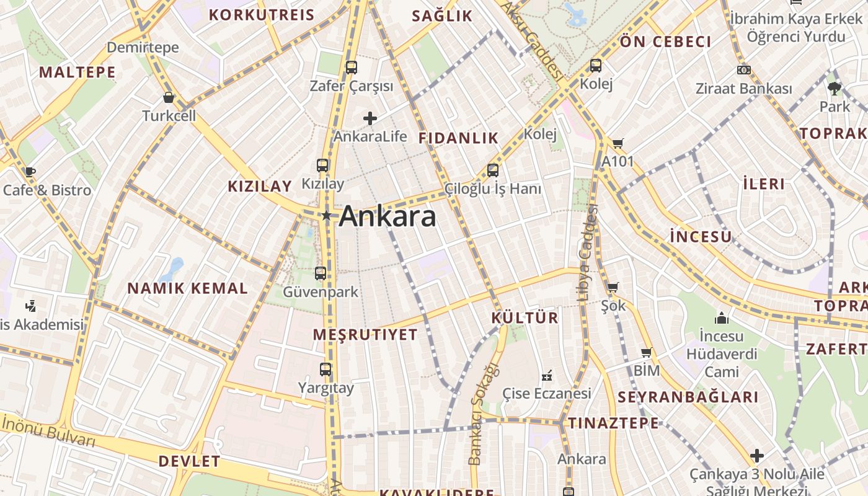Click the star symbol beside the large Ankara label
click(327, 215)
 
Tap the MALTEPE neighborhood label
click(77, 73)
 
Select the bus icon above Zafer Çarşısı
click(352, 67)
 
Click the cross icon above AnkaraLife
click(370, 118)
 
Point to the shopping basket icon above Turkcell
click(168, 97)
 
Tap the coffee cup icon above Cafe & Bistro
click(30, 172)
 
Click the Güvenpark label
click(321, 291)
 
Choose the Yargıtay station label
click(325, 388)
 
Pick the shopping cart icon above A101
click(618, 144)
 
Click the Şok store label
click(613, 306)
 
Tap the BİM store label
click(647, 371)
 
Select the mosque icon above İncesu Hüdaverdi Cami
click(721, 318)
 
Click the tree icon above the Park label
click(835, 87)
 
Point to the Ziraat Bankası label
click(744, 89)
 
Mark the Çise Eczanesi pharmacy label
click(546, 393)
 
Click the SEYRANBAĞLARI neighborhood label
click(688, 397)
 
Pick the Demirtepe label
click(143, 47)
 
